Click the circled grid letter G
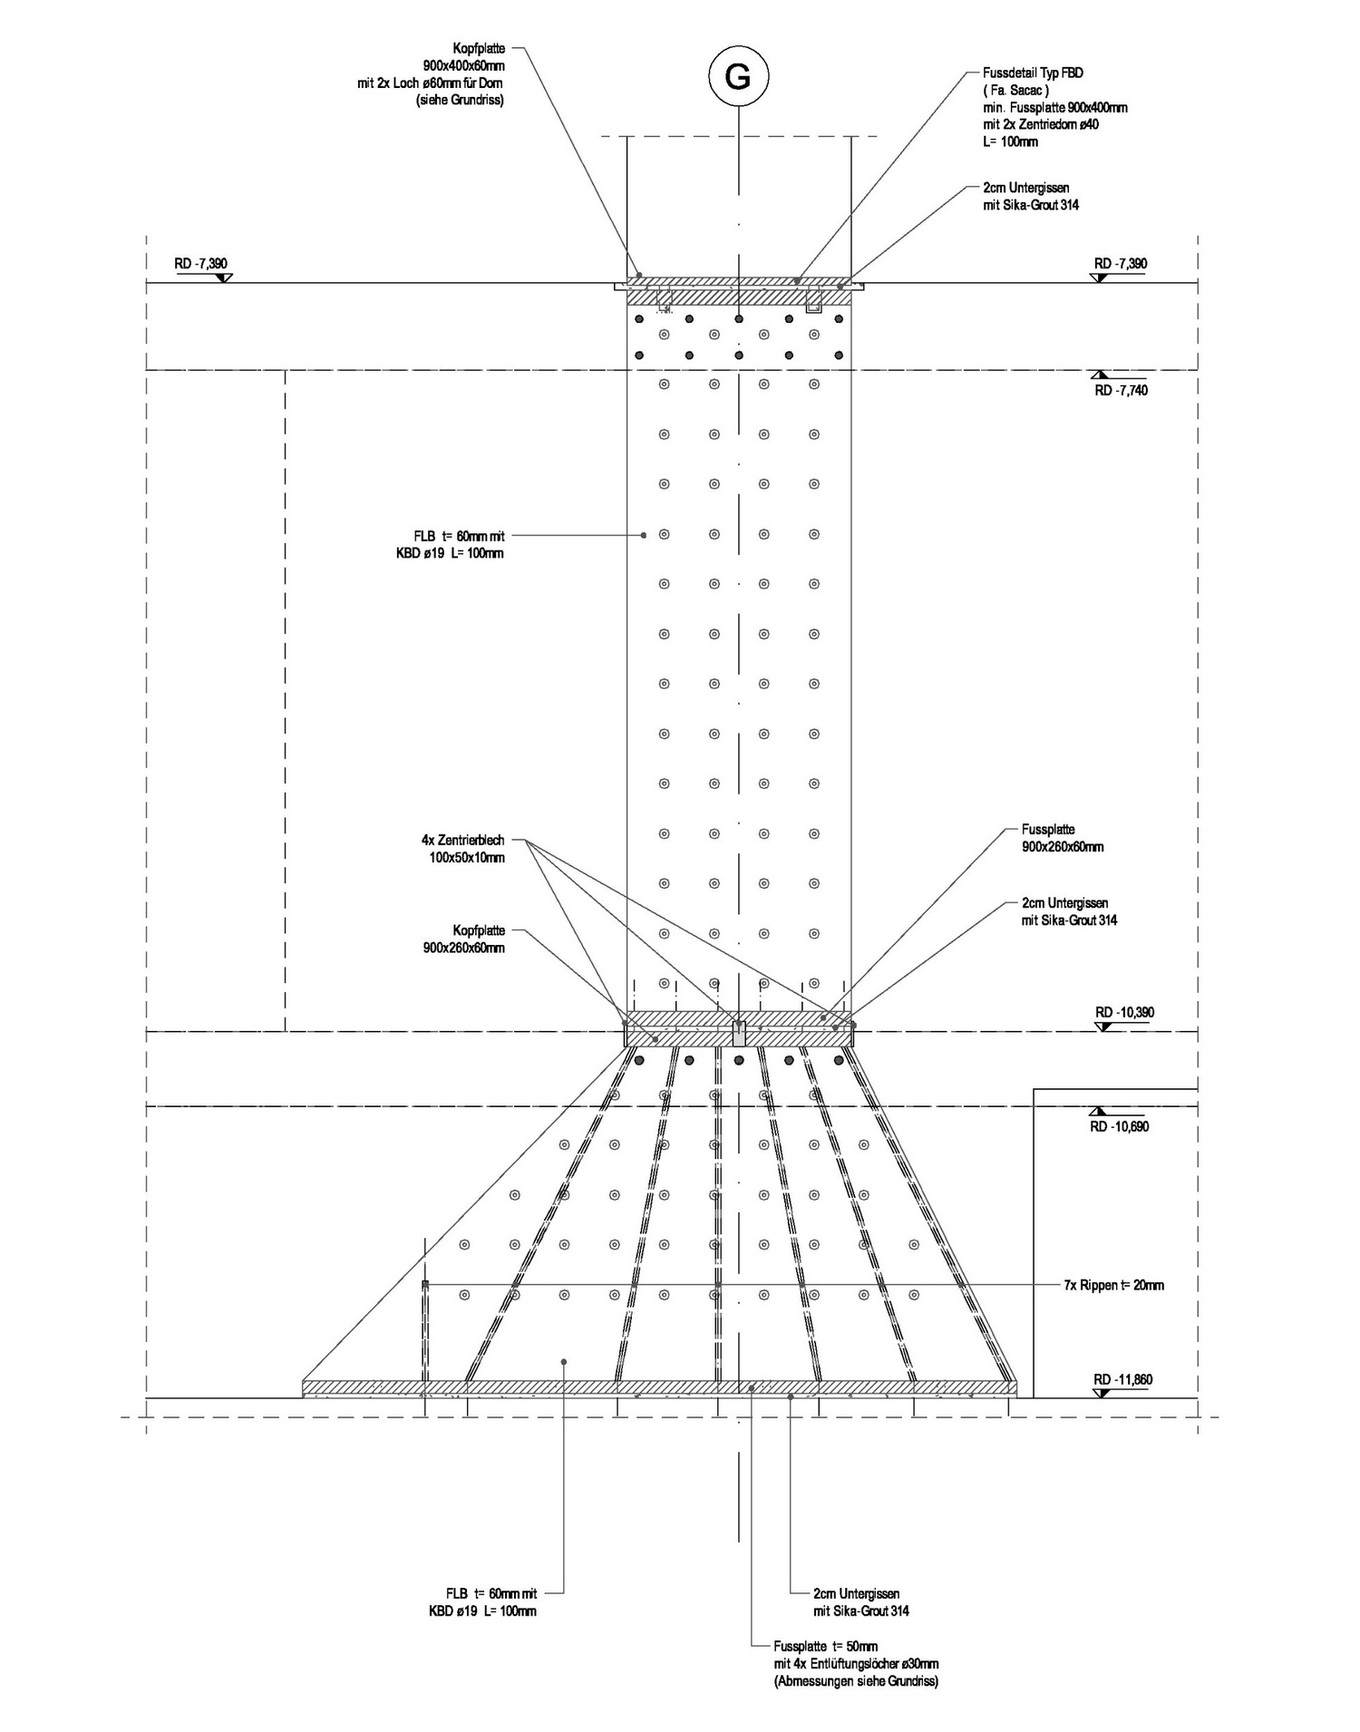coord(739,77)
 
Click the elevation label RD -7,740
coord(1121,391)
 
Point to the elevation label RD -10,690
coord(1120,1126)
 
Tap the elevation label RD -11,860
coord(1122,1380)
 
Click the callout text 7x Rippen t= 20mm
coord(1113,1285)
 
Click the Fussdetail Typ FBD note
coord(1055,106)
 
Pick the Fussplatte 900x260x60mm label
coord(1063,839)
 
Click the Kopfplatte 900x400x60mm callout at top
coord(432,74)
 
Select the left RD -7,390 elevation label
coord(200,264)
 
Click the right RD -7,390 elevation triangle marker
coord(1101,277)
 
